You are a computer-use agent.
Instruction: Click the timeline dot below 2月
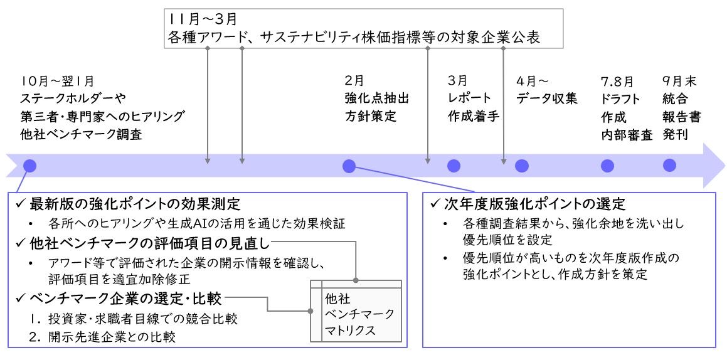pos(349,166)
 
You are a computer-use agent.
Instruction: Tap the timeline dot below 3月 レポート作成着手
pos(454,166)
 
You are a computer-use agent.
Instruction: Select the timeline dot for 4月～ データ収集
pos(522,166)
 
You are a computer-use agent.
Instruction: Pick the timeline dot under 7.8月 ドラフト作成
pos(607,166)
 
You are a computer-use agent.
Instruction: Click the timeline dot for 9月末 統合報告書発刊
pos(669,166)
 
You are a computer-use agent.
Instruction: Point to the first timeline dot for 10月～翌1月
pos(29,166)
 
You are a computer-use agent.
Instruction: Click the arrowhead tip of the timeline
pos(725,166)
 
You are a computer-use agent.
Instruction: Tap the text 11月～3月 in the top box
pos(203,19)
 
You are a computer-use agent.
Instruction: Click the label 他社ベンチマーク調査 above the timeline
pos(81,135)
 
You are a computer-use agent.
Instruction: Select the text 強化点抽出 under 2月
pos(377,98)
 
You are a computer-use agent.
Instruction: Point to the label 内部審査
pos(627,135)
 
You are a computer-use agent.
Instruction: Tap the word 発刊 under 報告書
pos(676,135)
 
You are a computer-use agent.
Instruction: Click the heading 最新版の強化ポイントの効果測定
pos(135,204)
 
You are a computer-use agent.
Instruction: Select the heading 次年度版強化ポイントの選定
pos(536,204)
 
